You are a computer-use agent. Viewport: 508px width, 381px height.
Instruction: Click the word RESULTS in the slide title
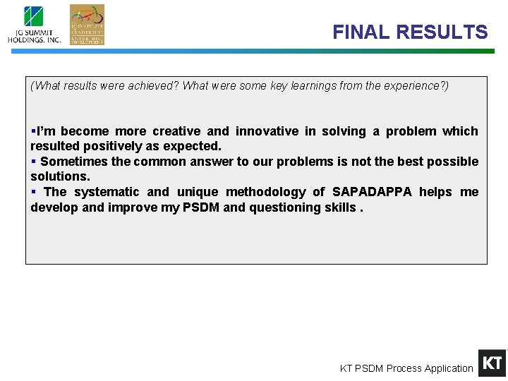click(442, 32)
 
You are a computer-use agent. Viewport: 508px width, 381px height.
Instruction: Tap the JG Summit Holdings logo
click(34, 25)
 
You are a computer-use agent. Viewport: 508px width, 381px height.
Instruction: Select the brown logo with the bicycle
click(87, 25)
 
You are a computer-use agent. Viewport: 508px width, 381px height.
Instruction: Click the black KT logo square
click(492, 363)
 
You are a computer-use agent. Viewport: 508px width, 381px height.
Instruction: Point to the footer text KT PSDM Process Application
click(406, 368)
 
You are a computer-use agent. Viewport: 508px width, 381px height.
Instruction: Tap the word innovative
click(266, 131)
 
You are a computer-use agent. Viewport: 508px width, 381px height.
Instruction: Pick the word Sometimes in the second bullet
click(71, 162)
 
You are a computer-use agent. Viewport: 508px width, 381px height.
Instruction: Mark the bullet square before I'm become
click(33, 131)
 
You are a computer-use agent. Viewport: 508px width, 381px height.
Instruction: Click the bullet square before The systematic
click(33, 192)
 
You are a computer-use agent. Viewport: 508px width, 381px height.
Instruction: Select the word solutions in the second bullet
click(59, 176)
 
